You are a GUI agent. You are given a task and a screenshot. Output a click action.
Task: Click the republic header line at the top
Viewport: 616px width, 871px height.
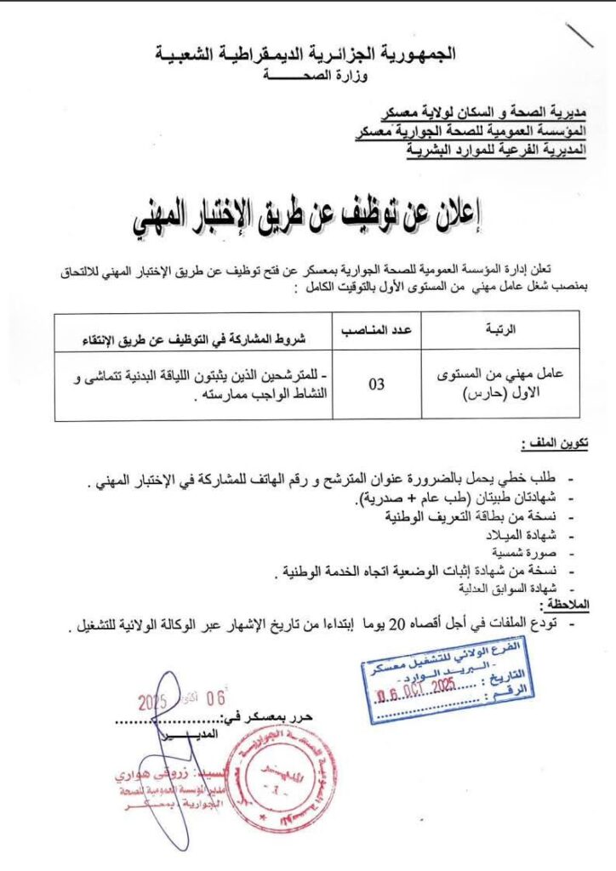pyautogui.click(x=305, y=54)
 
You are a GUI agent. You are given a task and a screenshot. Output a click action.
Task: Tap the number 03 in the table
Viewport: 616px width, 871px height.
pyautogui.click(x=376, y=384)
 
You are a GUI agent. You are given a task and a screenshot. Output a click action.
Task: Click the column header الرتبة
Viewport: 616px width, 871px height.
pyautogui.click(x=499, y=329)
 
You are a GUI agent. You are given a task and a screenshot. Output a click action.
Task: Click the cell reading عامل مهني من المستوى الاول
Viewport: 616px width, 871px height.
pyautogui.click(x=499, y=384)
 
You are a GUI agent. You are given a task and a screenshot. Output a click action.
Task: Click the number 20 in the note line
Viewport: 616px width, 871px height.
pyautogui.click(x=397, y=626)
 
